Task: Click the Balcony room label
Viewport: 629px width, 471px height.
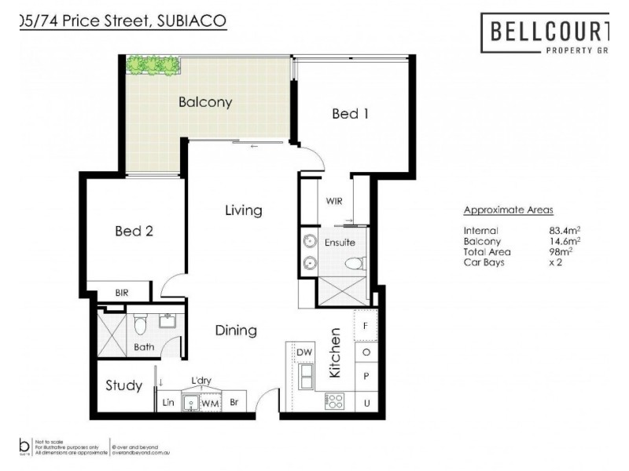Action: coord(205,102)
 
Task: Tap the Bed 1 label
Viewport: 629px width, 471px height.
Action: coord(350,114)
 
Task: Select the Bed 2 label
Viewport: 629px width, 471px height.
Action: coord(134,231)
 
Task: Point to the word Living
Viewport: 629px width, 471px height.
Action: coord(243,210)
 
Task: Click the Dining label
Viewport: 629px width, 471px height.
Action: coord(236,330)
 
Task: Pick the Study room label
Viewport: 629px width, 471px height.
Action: coord(124,385)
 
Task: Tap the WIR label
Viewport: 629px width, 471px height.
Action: coord(334,201)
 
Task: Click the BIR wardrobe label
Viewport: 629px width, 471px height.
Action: coord(122,293)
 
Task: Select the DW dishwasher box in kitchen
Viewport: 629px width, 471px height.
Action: coord(304,353)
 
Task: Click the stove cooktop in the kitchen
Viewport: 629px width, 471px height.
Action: coord(334,400)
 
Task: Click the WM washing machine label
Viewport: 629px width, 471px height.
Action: coord(209,403)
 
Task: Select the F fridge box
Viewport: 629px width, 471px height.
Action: coord(366,323)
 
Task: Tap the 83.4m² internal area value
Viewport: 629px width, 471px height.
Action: coord(565,231)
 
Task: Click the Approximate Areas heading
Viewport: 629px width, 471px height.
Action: coord(508,210)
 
